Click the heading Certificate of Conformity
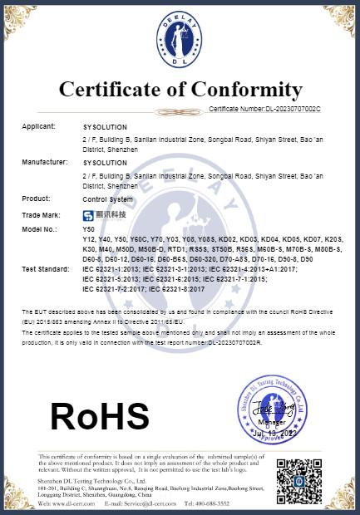(x=180, y=90)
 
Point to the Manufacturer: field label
(x=45, y=163)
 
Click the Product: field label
(x=36, y=199)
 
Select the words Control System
(x=107, y=199)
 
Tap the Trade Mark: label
(x=42, y=214)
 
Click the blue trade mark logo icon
(x=88, y=214)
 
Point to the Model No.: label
(x=39, y=228)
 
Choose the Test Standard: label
(x=45, y=270)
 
